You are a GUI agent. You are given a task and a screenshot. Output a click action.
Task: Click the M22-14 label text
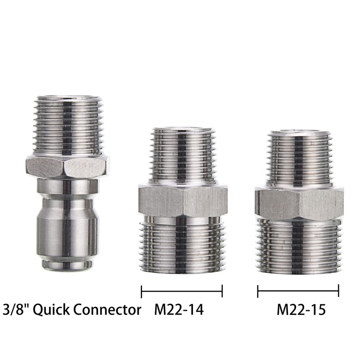pos(179,310)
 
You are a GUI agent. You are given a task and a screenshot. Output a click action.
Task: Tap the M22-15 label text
pos(301,310)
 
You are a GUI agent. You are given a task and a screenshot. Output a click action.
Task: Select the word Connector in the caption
pos(107,310)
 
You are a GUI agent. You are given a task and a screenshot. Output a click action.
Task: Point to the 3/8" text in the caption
pos(17,309)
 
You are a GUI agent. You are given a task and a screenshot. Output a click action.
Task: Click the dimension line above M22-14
pos(182,291)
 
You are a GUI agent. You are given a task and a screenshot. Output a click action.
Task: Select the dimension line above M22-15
pos(298,291)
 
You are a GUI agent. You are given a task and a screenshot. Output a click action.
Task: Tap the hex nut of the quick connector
pos(68,167)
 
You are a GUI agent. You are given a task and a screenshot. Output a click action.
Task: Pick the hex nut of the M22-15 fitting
pos(299,202)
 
